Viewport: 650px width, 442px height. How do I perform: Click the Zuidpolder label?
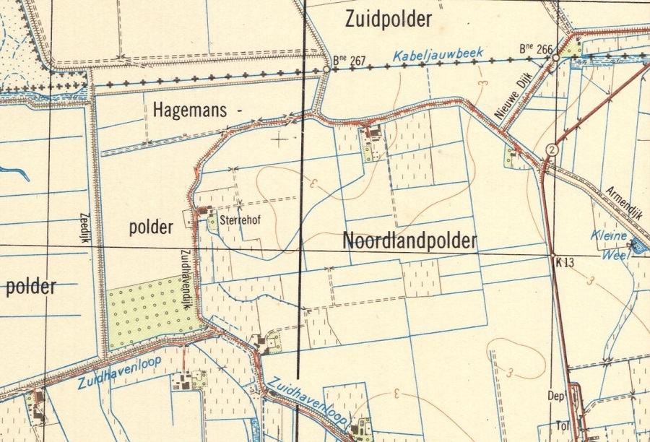[389, 18]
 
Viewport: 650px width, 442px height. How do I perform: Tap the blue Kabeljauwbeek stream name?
[438, 55]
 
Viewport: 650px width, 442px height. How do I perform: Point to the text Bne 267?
[350, 61]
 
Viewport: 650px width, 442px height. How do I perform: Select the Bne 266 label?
[536, 49]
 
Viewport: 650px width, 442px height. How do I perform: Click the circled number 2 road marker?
[552, 149]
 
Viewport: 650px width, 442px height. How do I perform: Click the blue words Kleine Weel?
[609, 242]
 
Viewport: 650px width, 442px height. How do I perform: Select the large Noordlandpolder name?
[409, 240]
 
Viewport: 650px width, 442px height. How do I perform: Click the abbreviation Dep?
[555, 396]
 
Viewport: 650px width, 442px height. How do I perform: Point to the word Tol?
[555, 425]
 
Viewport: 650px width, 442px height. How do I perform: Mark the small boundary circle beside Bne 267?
[326, 69]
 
